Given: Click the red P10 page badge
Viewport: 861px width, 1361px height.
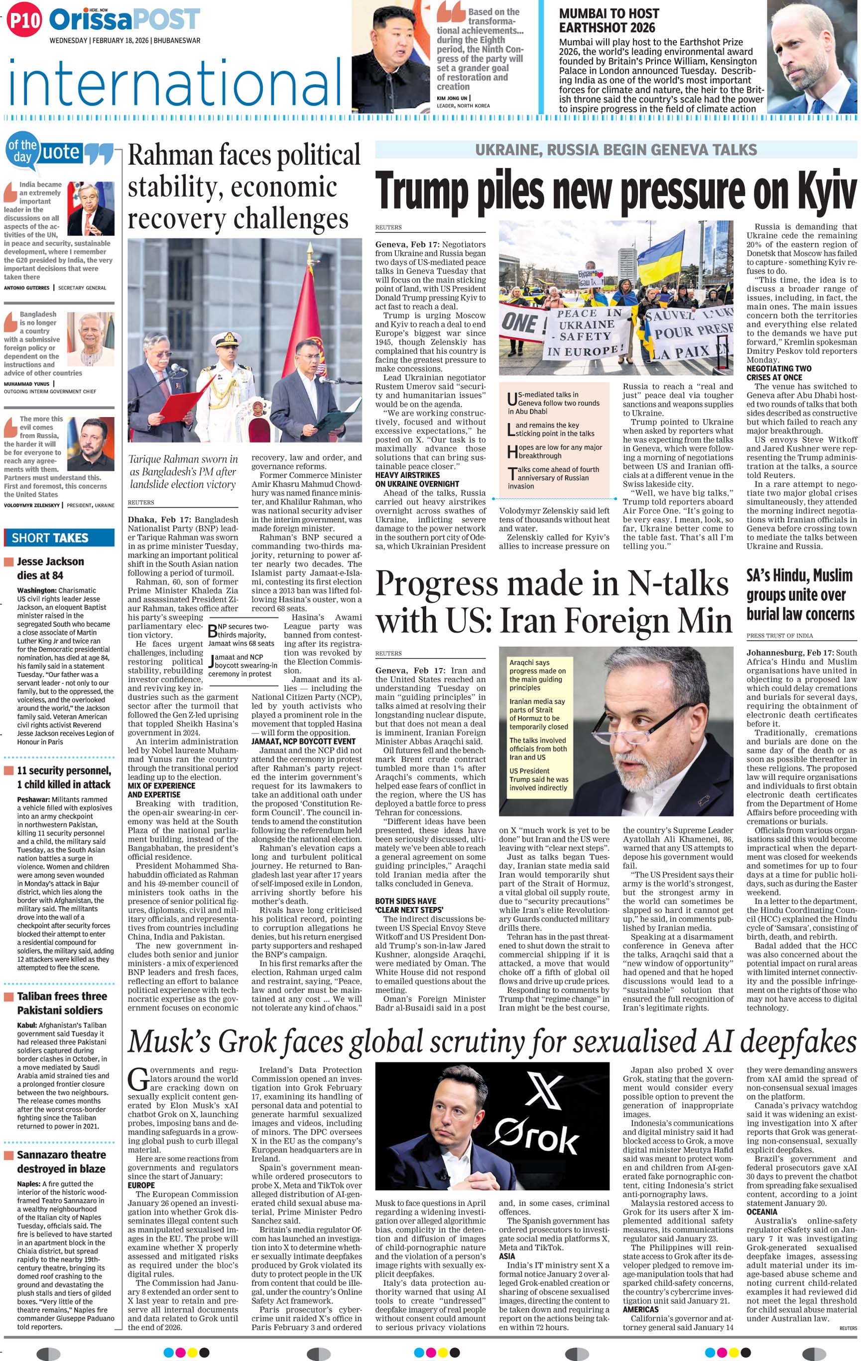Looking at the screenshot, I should click(x=24, y=21).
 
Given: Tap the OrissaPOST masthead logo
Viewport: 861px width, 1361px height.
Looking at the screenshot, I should click(x=124, y=20).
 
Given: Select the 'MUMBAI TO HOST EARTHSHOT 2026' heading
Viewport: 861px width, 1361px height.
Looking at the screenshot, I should click(x=609, y=20).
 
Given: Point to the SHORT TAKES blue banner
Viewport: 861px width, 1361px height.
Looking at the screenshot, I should click(x=59, y=538).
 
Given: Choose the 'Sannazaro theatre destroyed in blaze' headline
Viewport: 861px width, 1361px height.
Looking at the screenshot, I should click(x=61, y=1161).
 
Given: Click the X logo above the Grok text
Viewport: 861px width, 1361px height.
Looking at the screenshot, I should click(x=543, y=1090).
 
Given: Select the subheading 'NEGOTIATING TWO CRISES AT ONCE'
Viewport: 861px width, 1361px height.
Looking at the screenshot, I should click(x=778, y=373).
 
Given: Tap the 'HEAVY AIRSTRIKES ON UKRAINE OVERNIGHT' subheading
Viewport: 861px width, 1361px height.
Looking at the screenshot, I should click(x=417, y=479).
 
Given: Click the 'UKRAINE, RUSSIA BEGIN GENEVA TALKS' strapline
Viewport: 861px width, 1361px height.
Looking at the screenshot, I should click(x=615, y=150).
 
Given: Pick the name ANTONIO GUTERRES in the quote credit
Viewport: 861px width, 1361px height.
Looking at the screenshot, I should click(x=26, y=288).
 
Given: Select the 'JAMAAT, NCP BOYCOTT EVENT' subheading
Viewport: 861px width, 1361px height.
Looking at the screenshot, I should click(x=304, y=741).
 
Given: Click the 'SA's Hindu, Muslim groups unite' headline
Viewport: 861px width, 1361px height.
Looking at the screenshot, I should click(x=800, y=594).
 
